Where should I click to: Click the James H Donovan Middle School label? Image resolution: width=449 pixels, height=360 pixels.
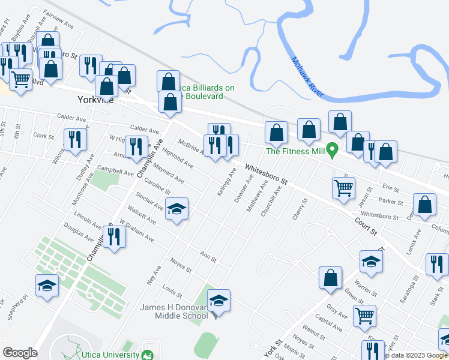174,311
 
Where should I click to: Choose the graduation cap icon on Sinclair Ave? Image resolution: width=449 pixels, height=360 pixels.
176,209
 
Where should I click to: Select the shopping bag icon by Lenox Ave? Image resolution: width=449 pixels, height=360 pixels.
424,205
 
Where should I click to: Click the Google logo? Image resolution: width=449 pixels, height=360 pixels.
20,353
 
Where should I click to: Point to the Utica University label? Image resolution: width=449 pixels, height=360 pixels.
114,355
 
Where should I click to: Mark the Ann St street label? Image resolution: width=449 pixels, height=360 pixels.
208,256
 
